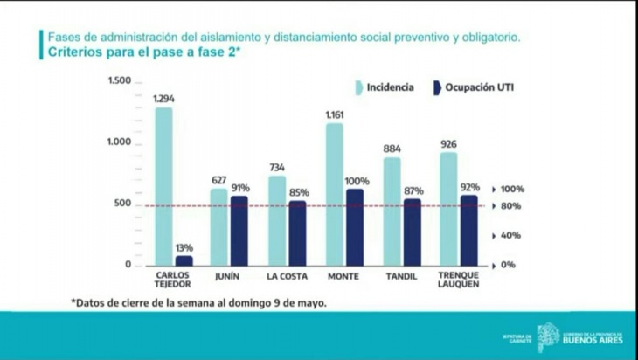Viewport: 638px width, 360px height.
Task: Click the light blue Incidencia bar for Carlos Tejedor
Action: click(x=163, y=185)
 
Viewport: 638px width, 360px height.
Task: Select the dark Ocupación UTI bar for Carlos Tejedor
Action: click(x=184, y=260)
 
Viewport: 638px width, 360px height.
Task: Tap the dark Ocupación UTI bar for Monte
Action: click(x=354, y=227)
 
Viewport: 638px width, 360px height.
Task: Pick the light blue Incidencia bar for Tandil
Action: click(x=392, y=211)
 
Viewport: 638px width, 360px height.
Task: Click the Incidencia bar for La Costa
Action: click(x=276, y=220)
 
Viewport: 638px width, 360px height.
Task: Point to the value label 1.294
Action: click(x=163, y=99)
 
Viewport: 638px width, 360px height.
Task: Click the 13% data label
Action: click(x=184, y=248)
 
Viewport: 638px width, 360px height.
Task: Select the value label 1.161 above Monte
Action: click(x=334, y=115)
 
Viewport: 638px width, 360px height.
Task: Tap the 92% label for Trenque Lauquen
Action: click(x=470, y=187)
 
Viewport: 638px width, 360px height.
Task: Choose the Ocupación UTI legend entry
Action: click(x=468, y=87)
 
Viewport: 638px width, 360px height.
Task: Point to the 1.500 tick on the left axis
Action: click(x=119, y=81)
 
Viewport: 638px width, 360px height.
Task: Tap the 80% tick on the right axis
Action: click(x=512, y=206)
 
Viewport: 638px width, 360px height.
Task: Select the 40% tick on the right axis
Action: click(x=512, y=235)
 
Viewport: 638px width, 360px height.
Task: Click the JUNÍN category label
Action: click(x=219, y=276)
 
